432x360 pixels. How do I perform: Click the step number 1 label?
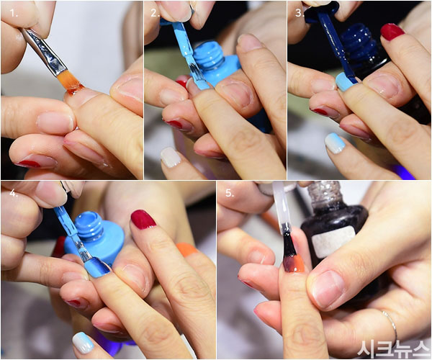coord(14,13)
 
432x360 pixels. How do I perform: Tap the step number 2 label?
coord(155,13)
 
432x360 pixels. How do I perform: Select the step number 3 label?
coord(300,13)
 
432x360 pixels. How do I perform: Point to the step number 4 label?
coord(14,193)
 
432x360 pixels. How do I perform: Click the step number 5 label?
coord(230,193)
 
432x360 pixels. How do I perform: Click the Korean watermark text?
coord(394,348)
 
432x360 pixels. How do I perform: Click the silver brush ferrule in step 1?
coord(45,53)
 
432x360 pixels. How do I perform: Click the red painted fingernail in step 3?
coord(392,32)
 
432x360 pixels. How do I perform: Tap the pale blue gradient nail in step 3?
coord(336,143)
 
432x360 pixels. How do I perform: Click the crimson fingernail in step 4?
coord(143,220)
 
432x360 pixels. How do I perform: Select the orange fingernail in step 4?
coord(186,248)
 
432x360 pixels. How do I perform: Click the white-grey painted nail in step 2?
coord(171,157)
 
